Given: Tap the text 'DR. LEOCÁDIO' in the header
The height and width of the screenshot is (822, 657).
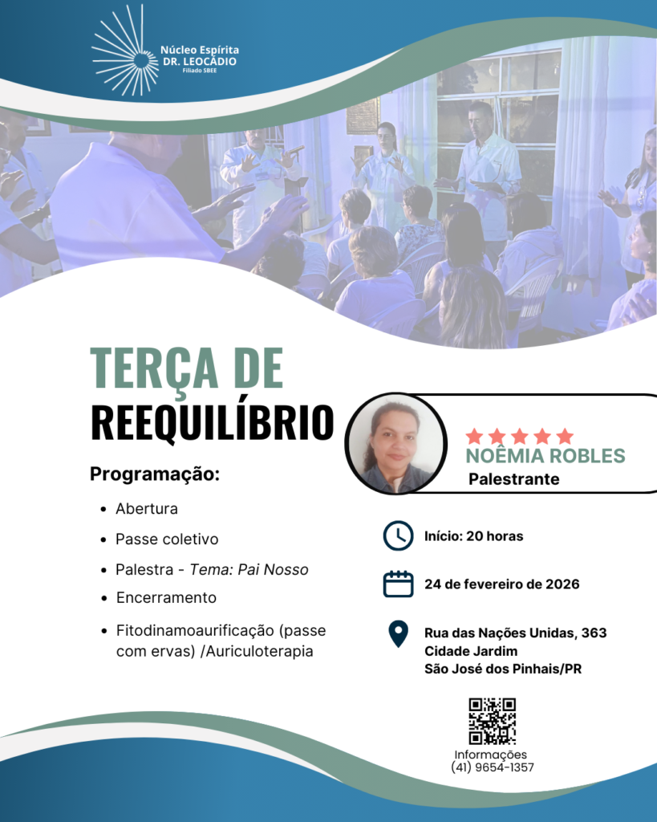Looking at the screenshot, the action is point(200,61).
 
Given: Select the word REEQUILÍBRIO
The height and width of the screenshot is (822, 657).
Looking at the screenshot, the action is point(213,422).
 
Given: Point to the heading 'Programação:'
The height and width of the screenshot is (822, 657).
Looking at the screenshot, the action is point(155,474).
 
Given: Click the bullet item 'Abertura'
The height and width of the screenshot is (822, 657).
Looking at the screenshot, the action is point(147,508).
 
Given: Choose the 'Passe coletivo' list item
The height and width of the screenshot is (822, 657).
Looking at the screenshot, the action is point(167,539).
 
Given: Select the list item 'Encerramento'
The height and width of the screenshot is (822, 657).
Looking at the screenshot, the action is point(166,597).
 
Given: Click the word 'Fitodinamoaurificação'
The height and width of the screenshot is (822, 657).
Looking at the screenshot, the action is point(195,630).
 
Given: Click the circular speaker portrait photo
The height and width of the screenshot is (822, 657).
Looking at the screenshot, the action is point(396,443).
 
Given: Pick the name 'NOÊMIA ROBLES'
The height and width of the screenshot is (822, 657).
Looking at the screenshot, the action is point(545,456).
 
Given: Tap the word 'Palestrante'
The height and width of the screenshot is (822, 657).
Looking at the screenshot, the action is point(514,479).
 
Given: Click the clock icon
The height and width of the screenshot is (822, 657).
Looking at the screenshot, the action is point(398,535).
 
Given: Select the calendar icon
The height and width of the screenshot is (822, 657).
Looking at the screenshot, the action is point(398,584).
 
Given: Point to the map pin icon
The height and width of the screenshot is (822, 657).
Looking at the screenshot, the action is point(398,634).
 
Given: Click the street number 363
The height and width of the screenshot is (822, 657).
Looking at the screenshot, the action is point(594,633).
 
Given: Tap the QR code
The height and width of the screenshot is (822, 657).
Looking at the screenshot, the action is point(493,721).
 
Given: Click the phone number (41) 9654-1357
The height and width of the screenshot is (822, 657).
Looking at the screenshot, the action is point(493,767).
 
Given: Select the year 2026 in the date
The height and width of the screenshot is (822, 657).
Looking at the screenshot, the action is point(562,584).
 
